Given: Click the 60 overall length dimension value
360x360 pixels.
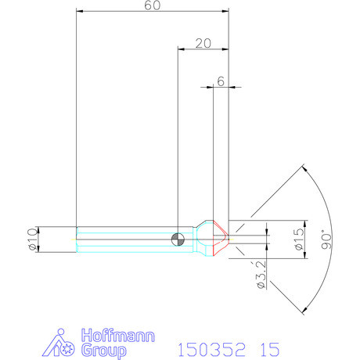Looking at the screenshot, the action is (x=153, y=5).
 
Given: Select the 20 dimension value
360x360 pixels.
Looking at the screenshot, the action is (x=203, y=43).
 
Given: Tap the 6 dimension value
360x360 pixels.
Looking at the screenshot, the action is (x=221, y=81).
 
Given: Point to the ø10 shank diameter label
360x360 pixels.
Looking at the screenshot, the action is (x=33, y=239).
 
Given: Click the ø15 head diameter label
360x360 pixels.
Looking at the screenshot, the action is (x=300, y=239).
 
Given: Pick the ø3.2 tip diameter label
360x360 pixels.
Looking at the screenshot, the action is (x=261, y=274).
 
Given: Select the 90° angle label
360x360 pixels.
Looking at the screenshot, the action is (x=326, y=239).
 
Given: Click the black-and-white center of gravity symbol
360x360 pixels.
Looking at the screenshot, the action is (x=178, y=239).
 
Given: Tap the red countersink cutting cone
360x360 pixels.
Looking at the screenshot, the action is (x=221, y=238).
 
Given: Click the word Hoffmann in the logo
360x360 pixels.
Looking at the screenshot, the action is (x=118, y=336).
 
